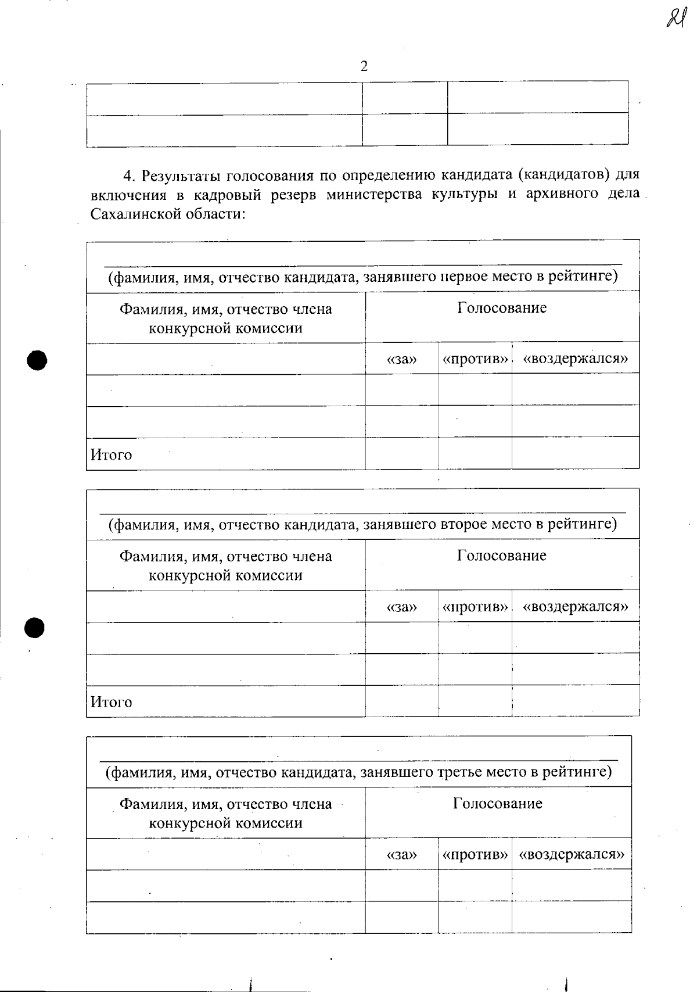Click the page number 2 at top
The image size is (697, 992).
(364, 66)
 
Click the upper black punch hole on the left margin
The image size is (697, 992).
(36, 360)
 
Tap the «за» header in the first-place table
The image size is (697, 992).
(402, 359)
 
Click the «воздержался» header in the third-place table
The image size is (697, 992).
(572, 855)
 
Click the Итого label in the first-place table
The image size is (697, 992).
(112, 454)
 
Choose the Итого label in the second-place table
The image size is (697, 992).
(112, 702)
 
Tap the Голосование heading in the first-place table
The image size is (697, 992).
(502, 307)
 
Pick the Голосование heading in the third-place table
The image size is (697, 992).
(498, 804)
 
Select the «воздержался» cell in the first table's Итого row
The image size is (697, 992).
(575, 453)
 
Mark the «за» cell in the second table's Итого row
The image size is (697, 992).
(402, 701)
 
